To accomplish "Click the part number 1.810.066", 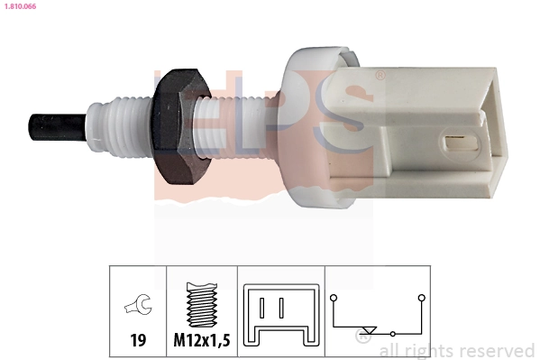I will [19, 6].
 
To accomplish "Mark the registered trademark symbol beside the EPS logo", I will [380, 77].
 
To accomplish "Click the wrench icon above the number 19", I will [138, 308].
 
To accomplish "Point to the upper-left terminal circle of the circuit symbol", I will [334, 297].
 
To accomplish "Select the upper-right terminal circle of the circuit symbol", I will [421, 297].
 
